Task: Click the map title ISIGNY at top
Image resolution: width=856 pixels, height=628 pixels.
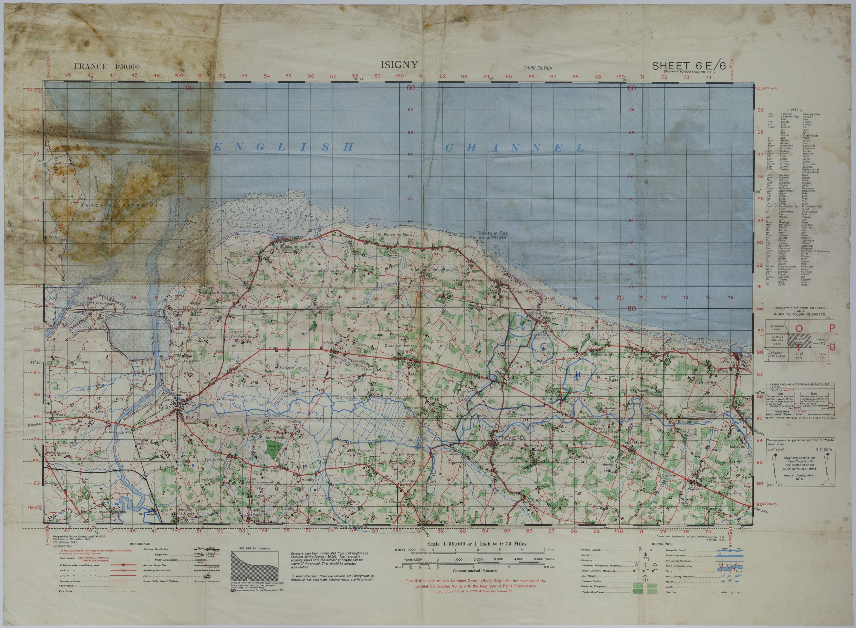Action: [x=399, y=65]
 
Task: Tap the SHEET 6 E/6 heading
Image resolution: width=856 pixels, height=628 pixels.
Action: [x=688, y=66]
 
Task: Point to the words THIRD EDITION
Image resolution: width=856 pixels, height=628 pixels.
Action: [x=538, y=68]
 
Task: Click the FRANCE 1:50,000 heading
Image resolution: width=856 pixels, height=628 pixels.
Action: [x=107, y=66]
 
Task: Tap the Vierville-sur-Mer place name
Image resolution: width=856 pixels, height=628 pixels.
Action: [x=517, y=291]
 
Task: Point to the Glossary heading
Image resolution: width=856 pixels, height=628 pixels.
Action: [x=794, y=109]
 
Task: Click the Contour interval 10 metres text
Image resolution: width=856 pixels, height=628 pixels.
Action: [x=477, y=571]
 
